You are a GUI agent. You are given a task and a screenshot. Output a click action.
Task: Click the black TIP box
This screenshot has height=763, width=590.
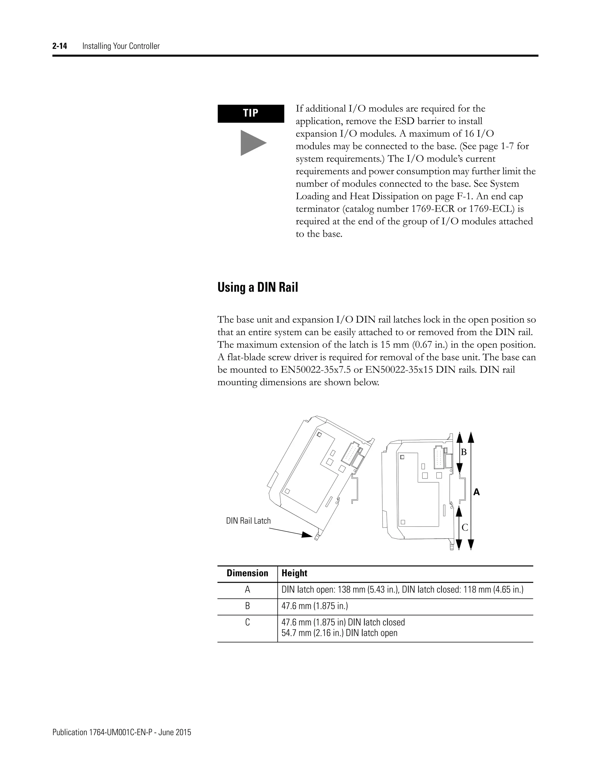pos(251,113)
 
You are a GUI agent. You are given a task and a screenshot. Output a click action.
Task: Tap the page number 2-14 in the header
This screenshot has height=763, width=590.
pos(60,46)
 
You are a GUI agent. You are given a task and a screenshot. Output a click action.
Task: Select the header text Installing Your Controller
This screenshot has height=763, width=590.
pos(121,46)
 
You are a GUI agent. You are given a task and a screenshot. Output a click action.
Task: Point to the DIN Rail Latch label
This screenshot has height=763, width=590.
pos(248,521)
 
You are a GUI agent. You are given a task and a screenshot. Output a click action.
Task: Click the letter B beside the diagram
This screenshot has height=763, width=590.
pos(464,452)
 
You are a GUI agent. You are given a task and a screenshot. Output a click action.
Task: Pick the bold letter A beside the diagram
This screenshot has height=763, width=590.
pos(476,493)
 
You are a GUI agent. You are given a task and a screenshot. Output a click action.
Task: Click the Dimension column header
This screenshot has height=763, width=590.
pos(247,573)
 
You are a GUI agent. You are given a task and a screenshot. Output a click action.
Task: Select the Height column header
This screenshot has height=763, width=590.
pos(294,573)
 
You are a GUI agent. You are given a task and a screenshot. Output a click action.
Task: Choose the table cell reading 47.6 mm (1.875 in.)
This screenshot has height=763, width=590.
pos(315,606)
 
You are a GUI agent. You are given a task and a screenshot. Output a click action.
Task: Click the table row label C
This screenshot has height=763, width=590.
pos(247,622)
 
